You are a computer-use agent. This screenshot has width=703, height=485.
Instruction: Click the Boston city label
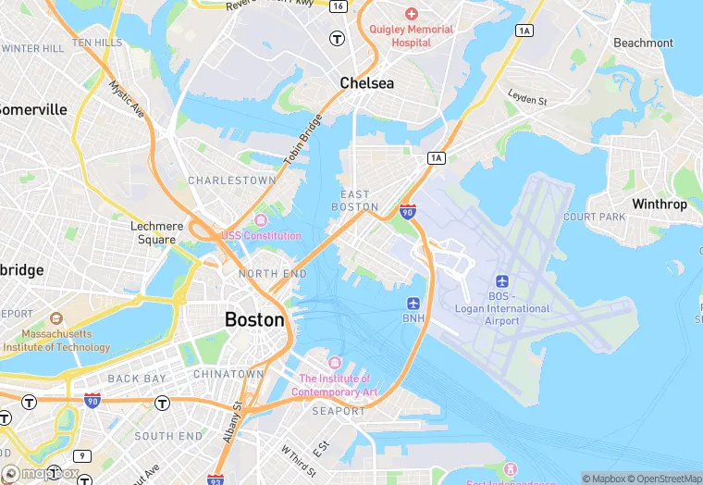[254, 319]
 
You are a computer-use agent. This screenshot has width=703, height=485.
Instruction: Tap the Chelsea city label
[366, 83]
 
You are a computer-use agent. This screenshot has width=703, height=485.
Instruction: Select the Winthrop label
[660, 204]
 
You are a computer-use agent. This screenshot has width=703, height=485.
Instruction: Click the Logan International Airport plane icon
[502, 280]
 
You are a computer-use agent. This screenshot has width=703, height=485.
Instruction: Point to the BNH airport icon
[413, 303]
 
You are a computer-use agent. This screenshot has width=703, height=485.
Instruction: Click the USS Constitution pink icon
[261, 220]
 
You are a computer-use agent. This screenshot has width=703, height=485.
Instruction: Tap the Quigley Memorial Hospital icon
[412, 14]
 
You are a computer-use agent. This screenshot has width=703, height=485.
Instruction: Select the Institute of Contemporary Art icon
[334, 362]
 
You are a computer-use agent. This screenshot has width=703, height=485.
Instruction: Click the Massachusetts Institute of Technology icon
[56, 317]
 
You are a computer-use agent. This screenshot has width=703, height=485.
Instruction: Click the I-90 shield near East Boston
[407, 212]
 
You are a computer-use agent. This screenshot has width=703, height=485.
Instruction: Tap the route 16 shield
[339, 6]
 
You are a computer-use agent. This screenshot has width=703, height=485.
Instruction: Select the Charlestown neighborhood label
[232, 180]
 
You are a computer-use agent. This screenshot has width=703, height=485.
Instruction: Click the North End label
[272, 274]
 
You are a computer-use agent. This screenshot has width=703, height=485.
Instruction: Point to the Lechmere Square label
[154, 232]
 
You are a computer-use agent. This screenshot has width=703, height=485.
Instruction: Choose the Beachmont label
[643, 43]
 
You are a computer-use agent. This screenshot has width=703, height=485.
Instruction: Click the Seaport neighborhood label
[339, 410]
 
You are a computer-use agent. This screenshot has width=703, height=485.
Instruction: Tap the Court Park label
[595, 218]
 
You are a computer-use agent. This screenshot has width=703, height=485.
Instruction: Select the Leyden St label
[527, 96]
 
